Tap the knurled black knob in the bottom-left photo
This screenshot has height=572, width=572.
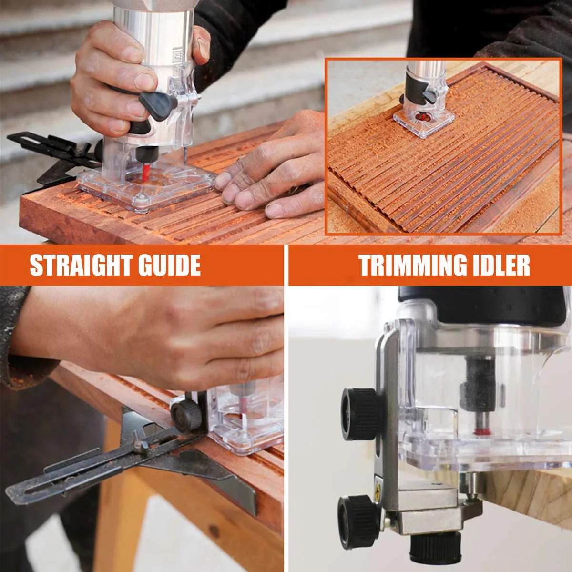pyautogui.click(x=185, y=413)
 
